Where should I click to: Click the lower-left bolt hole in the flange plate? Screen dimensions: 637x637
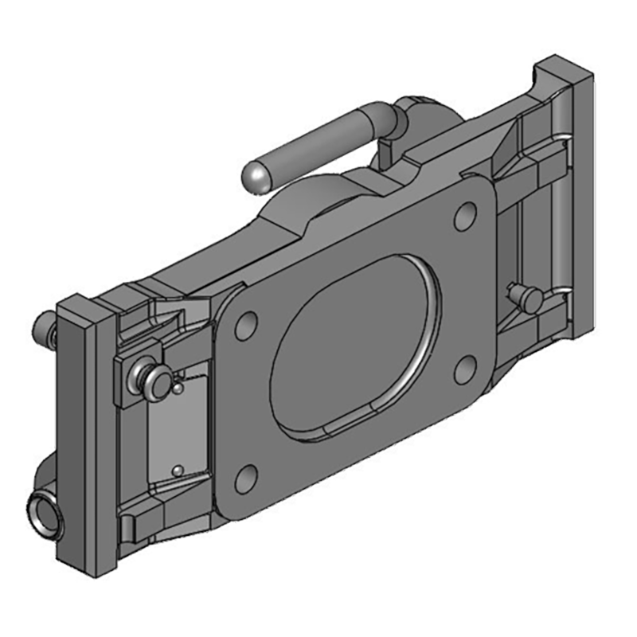tap(247, 479)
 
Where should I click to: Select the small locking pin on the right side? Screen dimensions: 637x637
tap(529, 297)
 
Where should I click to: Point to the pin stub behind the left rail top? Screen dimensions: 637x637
tap(43, 325)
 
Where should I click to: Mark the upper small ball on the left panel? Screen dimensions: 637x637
tap(178, 389)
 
